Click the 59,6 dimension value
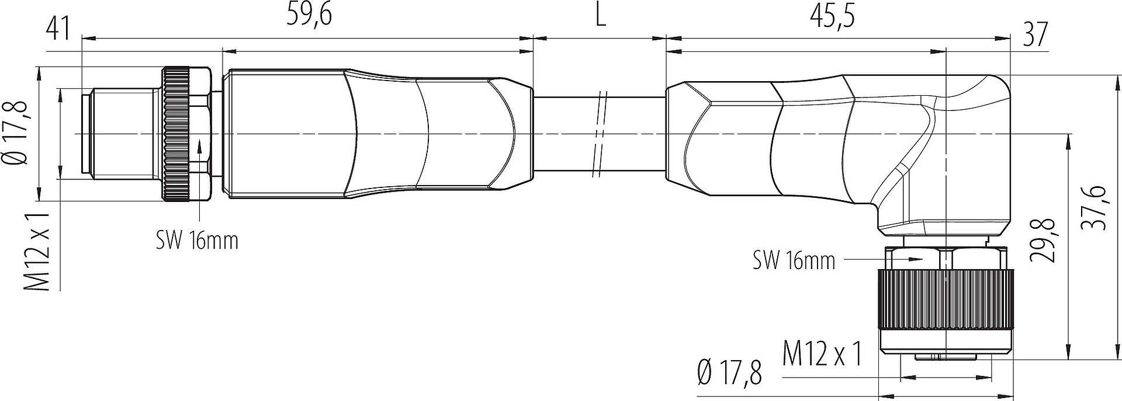pos(309,16)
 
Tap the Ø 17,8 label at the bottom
pos(730,374)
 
